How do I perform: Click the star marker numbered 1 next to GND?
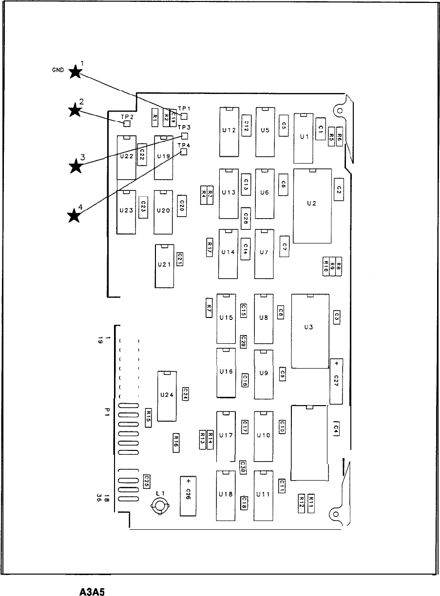click(x=75, y=72)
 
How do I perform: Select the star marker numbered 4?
click(x=74, y=215)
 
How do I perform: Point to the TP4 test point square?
click(x=184, y=152)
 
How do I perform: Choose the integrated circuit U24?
click(x=167, y=396)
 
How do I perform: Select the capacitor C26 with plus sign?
click(x=188, y=496)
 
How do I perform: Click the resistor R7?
click(x=209, y=308)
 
